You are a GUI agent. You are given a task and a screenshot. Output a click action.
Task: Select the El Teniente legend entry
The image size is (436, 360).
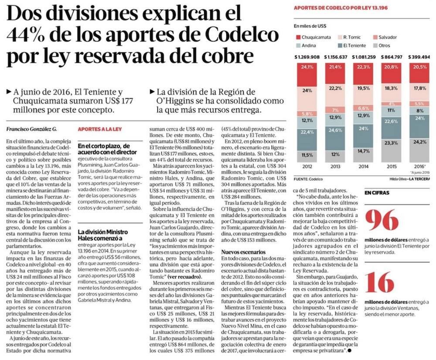point(354,45)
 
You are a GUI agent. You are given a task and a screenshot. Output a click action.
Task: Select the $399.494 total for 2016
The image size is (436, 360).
point(420,57)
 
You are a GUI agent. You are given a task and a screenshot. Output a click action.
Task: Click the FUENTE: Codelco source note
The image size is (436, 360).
point(310,179)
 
